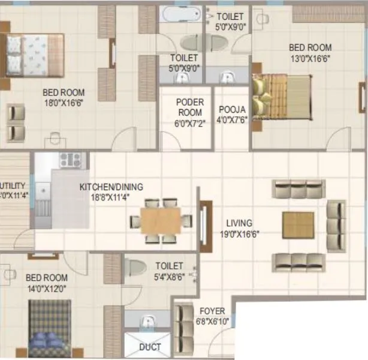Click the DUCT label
pyautogui.click(x=150, y=347)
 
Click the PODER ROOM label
pyautogui.click(x=189, y=107)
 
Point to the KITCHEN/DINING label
pyautogui.click(x=111, y=187)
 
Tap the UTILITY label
pyautogui.click(x=12, y=185)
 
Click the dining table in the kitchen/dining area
pyautogui.click(x=161, y=221)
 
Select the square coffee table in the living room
pyautogui.click(x=298, y=225)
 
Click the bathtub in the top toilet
pyautogui.click(x=180, y=14)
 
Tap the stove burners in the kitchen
pyautogui.click(x=70, y=160)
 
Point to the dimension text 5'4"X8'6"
pyautogui.click(x=169, y=277)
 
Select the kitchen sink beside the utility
pyautogui.click(x=43, y=199)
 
